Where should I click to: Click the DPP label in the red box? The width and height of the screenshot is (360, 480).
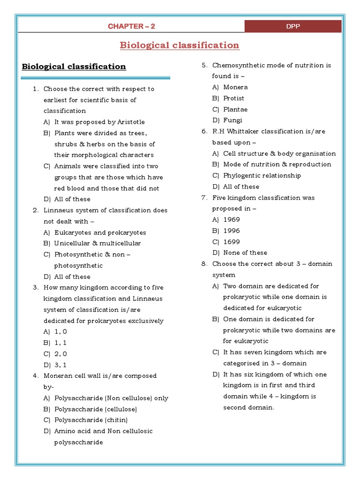(x=293, y=26)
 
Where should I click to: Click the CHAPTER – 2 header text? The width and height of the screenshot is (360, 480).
(x=131, y=26)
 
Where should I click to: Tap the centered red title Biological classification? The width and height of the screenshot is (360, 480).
(x=180, y=45)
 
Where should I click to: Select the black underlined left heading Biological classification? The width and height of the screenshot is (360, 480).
(x=74, y=66)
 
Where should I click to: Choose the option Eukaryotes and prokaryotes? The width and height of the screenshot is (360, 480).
(x=100, y=232)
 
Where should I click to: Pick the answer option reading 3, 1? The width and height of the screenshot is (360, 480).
(x=61, y=365)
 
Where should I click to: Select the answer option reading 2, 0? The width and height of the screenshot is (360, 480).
(x=61, y=354)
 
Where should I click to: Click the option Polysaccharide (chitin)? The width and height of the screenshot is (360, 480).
(x=91, y=420)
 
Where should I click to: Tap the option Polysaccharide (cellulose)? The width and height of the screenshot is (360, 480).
(x=96, y=409)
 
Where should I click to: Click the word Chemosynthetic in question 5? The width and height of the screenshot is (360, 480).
(x=236, y=65)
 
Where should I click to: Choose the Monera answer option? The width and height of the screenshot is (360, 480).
(x=235, y=87)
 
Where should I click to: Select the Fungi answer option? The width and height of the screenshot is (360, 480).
(x=232, y=120)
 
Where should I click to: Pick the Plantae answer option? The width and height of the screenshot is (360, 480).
(x=235, y=109)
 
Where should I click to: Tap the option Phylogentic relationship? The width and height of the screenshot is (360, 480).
(x=262, y=176)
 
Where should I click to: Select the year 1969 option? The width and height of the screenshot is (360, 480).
(x=232, y=220)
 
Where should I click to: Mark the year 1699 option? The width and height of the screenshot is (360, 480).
(x=232, y=242)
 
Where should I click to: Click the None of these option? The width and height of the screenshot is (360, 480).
(x=245, y=253)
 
